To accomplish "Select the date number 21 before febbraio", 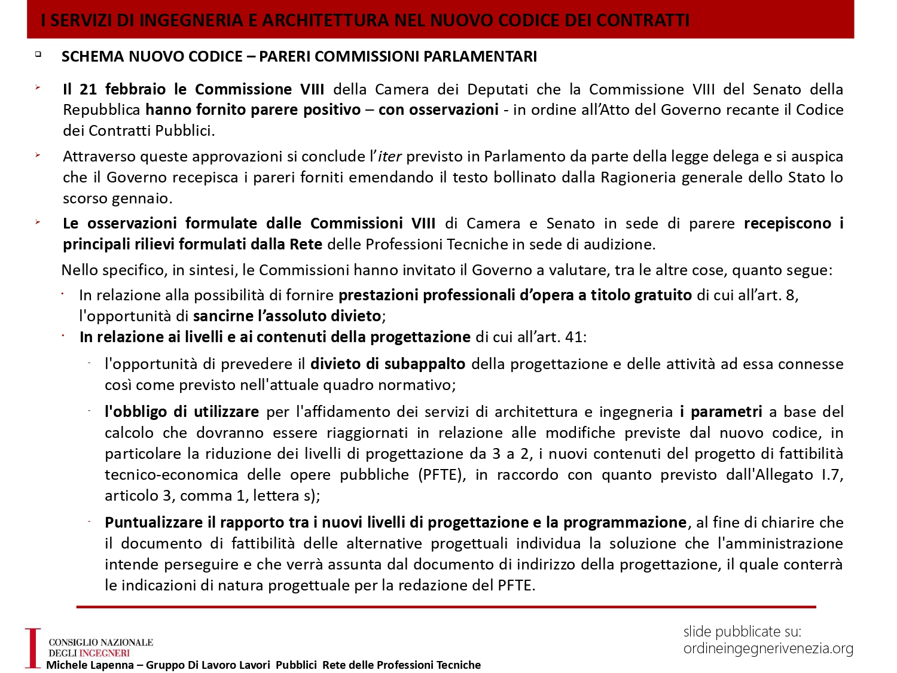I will coord(88,89).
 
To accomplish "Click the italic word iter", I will coord(389,157).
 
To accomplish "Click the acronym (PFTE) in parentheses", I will coord(442,475).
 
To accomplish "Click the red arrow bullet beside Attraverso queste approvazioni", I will coord(38,156).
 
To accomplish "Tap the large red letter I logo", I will coord(33,648).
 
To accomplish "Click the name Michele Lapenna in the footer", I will coord(90,665).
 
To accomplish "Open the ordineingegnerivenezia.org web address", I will coord(768,648).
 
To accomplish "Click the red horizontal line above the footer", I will coord(446,607).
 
